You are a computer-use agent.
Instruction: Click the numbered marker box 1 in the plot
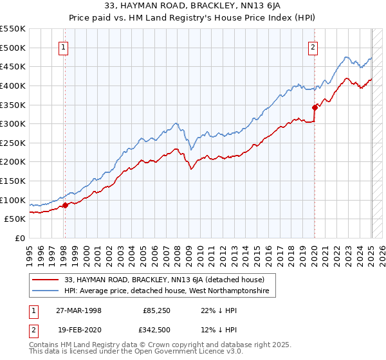click(x=64, y=47)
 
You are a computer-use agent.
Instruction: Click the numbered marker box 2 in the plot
click(x=313, y=47)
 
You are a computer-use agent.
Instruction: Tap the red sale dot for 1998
click(x=65, y=206)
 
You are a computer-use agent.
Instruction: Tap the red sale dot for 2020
click(x=315, y=107)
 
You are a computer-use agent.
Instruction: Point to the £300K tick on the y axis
click(x=14, y=123)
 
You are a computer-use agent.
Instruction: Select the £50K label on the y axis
click(x=16, y=219)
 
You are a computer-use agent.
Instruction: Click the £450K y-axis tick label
click(x=14, y=66)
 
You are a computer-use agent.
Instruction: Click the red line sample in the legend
click(x=46, y=280)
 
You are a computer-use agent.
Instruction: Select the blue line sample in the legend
click(x=46, y=291)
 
